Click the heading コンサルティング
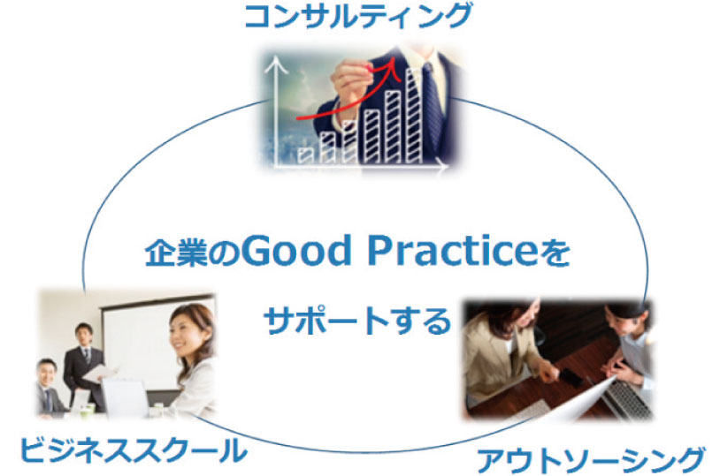tap(358, 16)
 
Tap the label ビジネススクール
tap(134, 450)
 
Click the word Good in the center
tap(296, 251)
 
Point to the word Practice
tap(452, 251)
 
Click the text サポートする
tap(357, 321)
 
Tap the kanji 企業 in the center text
tap(176, 253)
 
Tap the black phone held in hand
tap(570, 377)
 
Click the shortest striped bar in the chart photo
tap(304, 155)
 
